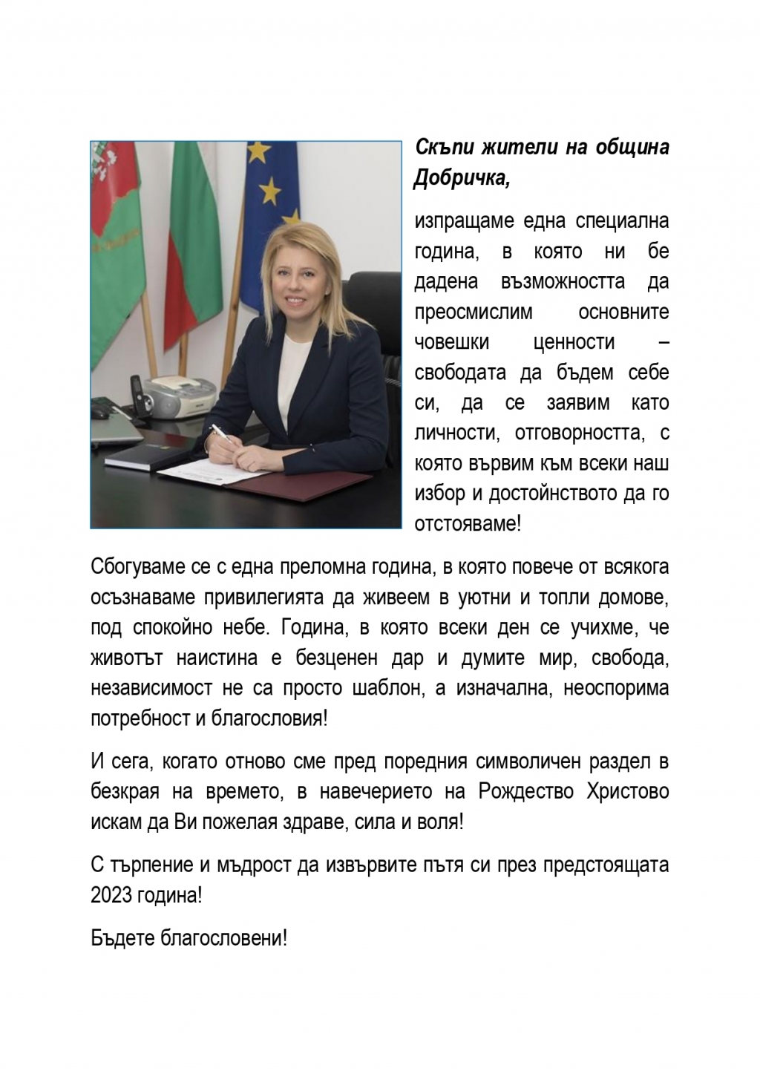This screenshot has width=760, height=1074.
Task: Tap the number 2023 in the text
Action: [111, 895]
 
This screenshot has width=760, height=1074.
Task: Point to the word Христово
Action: [630, 791]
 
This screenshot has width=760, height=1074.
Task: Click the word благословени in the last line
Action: [221, 937]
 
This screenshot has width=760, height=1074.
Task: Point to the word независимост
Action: [148, 688]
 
